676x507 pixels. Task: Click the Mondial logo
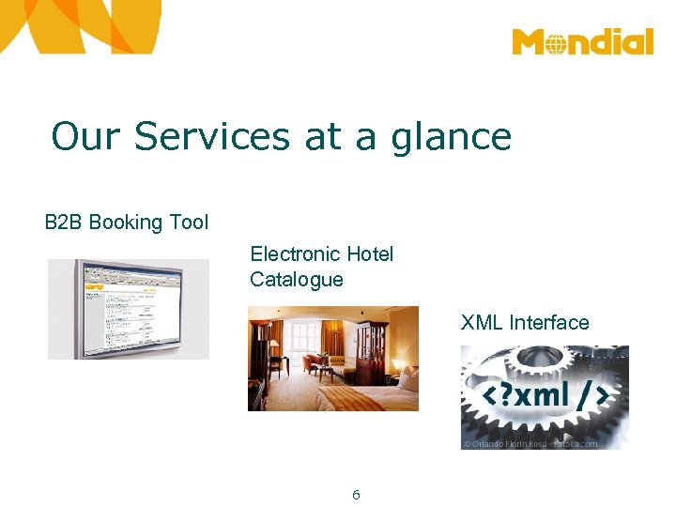pyautogui.click(x=582, y=42)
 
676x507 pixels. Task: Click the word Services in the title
pyautogui.click(x=212, y=136)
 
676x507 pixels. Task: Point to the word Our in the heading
pyautogui.click(x=85, y=136)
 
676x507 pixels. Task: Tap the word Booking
pyautogui.click(x=125, y=223)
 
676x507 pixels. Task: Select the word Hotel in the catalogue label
pyautogui.click(x=370, y=253)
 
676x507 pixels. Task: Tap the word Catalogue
pyautogui.click(x=297, y=279)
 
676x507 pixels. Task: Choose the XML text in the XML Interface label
pyautogui.click(x=482, y=323)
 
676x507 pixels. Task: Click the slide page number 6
pyautogui.click(x=356, y=495)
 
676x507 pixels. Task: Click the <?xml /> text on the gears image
pyautogui.click(x=544, y=395)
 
